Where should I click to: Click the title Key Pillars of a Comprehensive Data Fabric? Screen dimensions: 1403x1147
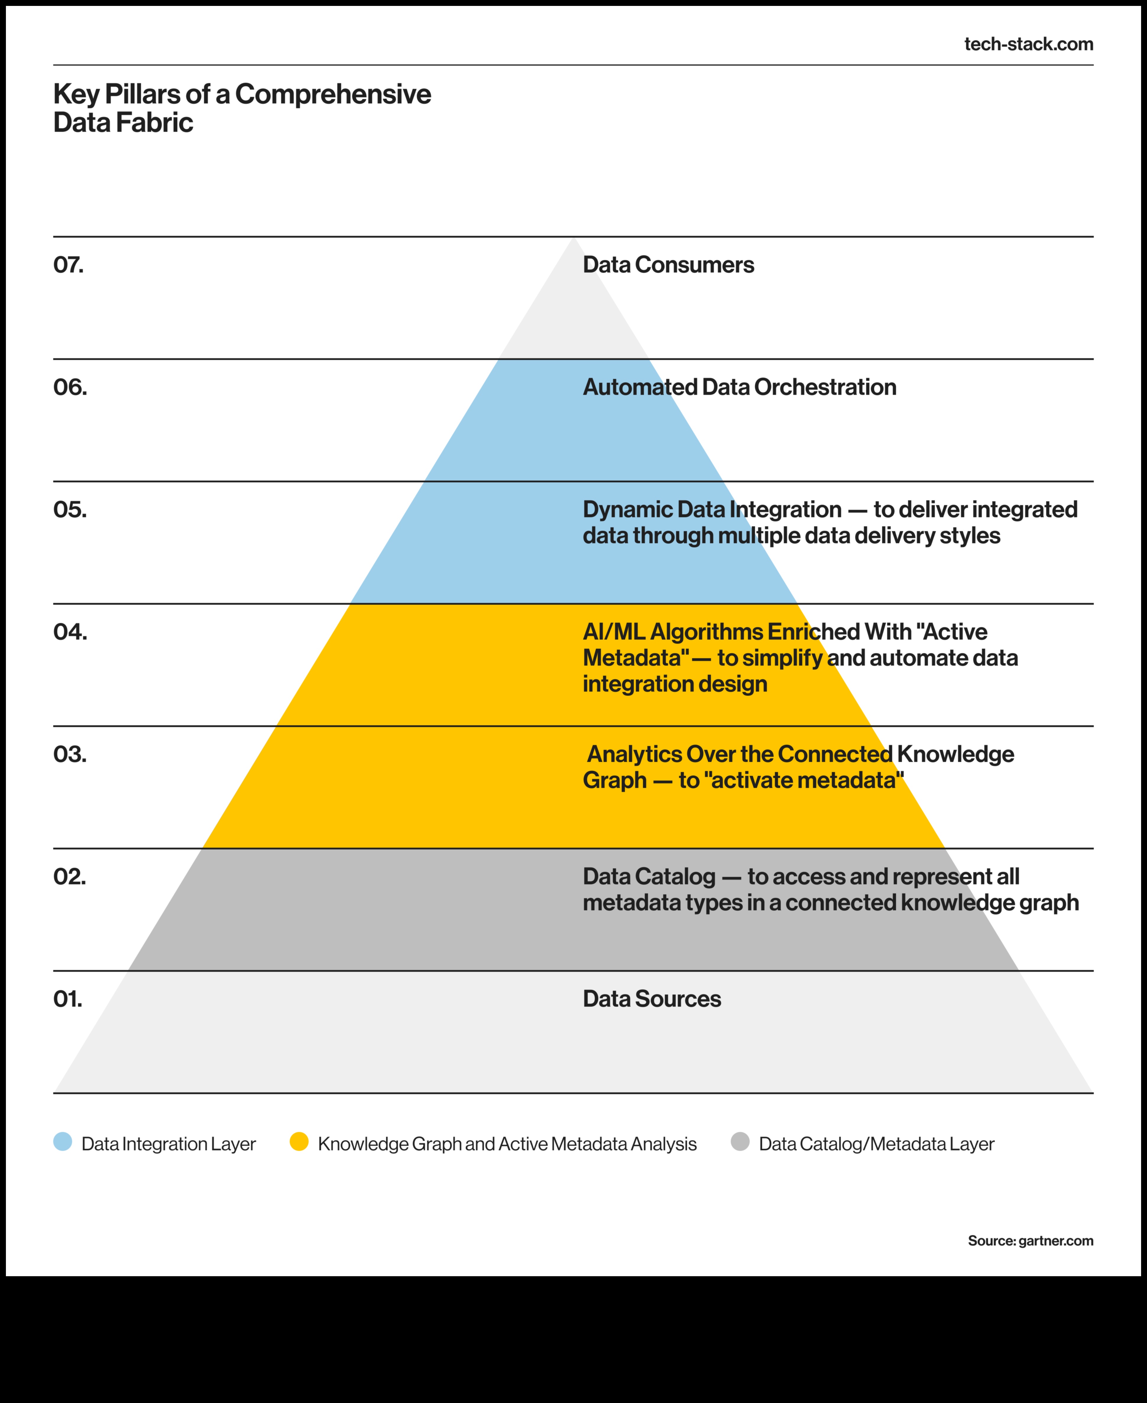[242, 108]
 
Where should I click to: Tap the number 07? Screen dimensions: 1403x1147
[68, 265]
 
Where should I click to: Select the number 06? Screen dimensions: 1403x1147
[69, 387]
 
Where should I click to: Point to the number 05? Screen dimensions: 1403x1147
[69, 509]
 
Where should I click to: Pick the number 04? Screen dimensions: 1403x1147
[69, 632]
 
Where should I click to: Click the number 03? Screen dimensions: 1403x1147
[69, 754]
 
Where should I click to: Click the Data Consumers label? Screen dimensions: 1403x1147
[668, 265]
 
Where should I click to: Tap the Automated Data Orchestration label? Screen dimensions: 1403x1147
[739, 387]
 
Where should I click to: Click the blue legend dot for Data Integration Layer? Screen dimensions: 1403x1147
[63, 1141]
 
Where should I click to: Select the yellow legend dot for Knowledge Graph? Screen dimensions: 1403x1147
[299, 1141]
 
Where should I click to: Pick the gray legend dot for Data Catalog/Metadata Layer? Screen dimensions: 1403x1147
[740, 1141]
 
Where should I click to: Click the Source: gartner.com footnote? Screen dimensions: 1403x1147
[1030, 1240]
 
